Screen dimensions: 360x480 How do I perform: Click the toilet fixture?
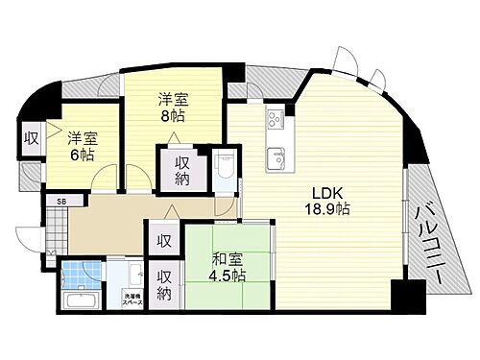coord(225,169)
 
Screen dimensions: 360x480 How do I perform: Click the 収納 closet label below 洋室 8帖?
coord(182,171)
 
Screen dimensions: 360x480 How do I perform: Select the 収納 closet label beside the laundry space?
coord(165,283)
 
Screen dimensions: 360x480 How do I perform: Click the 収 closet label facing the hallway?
coord(163,239)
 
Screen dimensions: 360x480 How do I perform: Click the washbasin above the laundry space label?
coord(129,275)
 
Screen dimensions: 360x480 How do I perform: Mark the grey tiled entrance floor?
coord(56,227)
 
